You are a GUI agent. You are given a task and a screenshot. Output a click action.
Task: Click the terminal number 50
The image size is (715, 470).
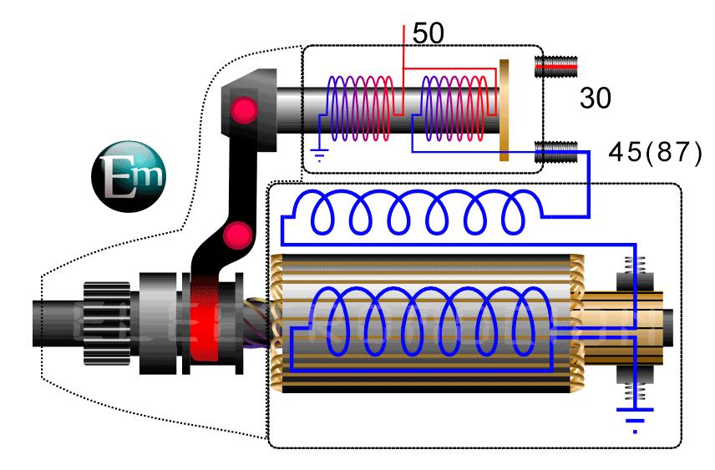click(428, 33)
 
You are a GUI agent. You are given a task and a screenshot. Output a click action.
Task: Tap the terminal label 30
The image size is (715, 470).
click(596, 99)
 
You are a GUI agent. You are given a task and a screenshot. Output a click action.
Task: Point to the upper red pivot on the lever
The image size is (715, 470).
click(243, 109)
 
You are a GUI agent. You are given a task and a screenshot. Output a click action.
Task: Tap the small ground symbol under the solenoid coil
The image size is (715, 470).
click(318, 154)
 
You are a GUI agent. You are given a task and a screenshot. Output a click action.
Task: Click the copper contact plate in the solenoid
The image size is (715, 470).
click(504, 109)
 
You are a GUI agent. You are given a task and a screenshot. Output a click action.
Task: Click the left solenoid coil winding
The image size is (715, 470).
click(360, 109)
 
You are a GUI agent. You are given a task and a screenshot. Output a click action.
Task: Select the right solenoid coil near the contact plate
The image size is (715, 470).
click(455, 109)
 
